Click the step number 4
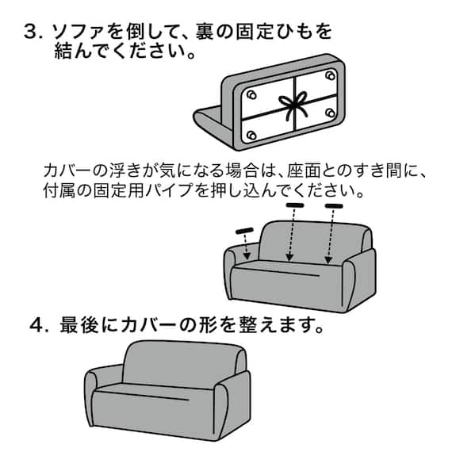pos(35,326)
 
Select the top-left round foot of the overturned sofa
pos(251,94)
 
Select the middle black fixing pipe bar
pos(295,205)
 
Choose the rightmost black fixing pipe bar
pos(334,206)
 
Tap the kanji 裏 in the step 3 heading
pos(236,33)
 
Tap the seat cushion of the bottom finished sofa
pos(159,396)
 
